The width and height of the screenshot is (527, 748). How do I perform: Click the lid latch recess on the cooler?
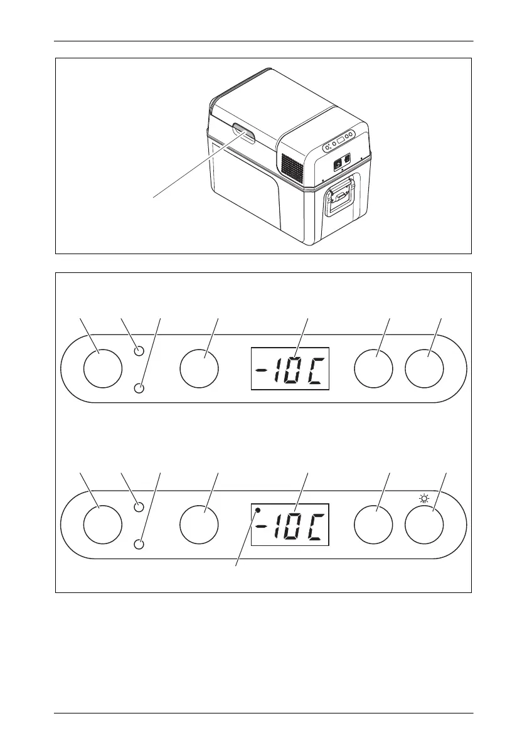point(243,133)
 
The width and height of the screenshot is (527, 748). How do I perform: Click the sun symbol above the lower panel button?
point(424,500)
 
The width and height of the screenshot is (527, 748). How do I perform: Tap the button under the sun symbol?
point(424,523)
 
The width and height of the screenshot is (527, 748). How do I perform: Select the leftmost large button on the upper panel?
point(103,368)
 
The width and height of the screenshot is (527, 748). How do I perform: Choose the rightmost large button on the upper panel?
point(424,368)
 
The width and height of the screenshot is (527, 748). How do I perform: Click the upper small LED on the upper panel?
point(140,351)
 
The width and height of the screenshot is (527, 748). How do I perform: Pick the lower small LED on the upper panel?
point(140,389)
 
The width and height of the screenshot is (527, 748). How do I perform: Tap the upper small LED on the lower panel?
point(140,506)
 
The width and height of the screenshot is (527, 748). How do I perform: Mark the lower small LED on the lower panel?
point(140,544)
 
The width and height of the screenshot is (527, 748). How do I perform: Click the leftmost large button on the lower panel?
point(103,523)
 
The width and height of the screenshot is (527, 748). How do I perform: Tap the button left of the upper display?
point(198,368)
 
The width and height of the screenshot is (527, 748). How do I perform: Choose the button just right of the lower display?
point(373,523)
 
